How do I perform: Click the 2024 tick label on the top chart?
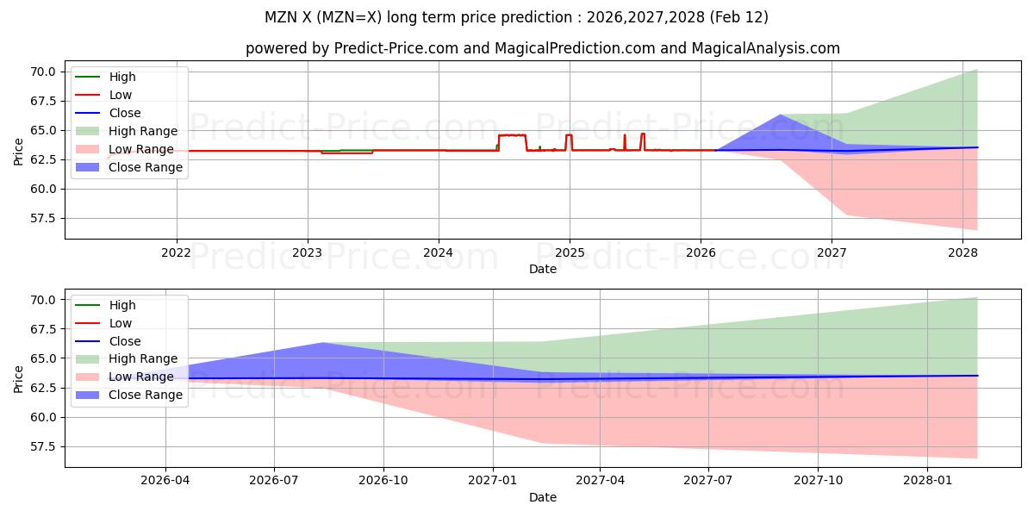coord(438,252)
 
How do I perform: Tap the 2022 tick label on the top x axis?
coord(177,252)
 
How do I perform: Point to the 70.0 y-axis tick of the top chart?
coord(43,72)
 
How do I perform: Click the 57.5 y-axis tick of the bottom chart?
coord(43,446)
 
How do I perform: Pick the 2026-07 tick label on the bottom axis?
coord(274,481)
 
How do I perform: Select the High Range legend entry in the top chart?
coord(143,131)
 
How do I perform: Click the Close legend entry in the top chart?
coord(125,113)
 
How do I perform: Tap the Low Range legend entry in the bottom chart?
coord(141,377)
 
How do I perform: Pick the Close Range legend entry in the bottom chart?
coord(146,395)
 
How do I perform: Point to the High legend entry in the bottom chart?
coord(122,305)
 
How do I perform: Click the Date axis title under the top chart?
coord(543,269)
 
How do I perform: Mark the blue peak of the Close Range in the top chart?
coord(780,115)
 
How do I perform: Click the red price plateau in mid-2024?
coord(512,135)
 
